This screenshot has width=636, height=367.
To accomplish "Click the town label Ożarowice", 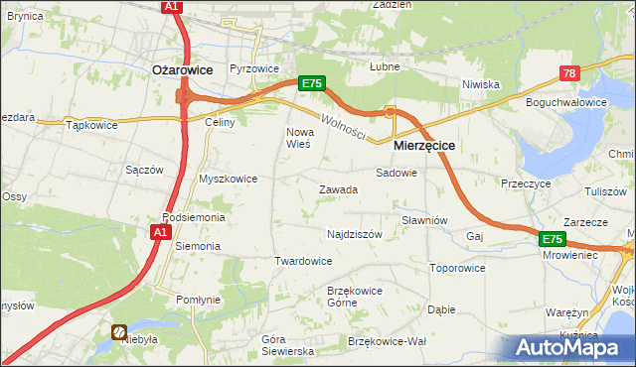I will pos(182,69).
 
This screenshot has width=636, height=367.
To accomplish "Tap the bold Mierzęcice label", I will pos(424,145).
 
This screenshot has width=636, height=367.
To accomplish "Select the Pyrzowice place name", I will pos(253,69).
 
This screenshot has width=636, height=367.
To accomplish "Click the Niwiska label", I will pos(480,84).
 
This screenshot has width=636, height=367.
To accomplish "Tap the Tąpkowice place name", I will pos(91,126).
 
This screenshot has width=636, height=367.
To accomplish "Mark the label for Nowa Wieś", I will pos(299,138).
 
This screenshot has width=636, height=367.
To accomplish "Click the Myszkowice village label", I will pos(229,179).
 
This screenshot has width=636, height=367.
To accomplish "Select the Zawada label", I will pos(338,189).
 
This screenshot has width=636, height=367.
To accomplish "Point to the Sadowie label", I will pos(397,173).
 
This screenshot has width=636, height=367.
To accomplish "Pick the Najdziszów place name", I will pos(355,235).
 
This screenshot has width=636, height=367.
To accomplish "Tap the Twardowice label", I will pos(302,261).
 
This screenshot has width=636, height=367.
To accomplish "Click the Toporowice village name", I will pos(457,268).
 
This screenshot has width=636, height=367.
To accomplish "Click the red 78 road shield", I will pos(569,73).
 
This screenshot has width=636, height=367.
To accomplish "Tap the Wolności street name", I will pos(344,126).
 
